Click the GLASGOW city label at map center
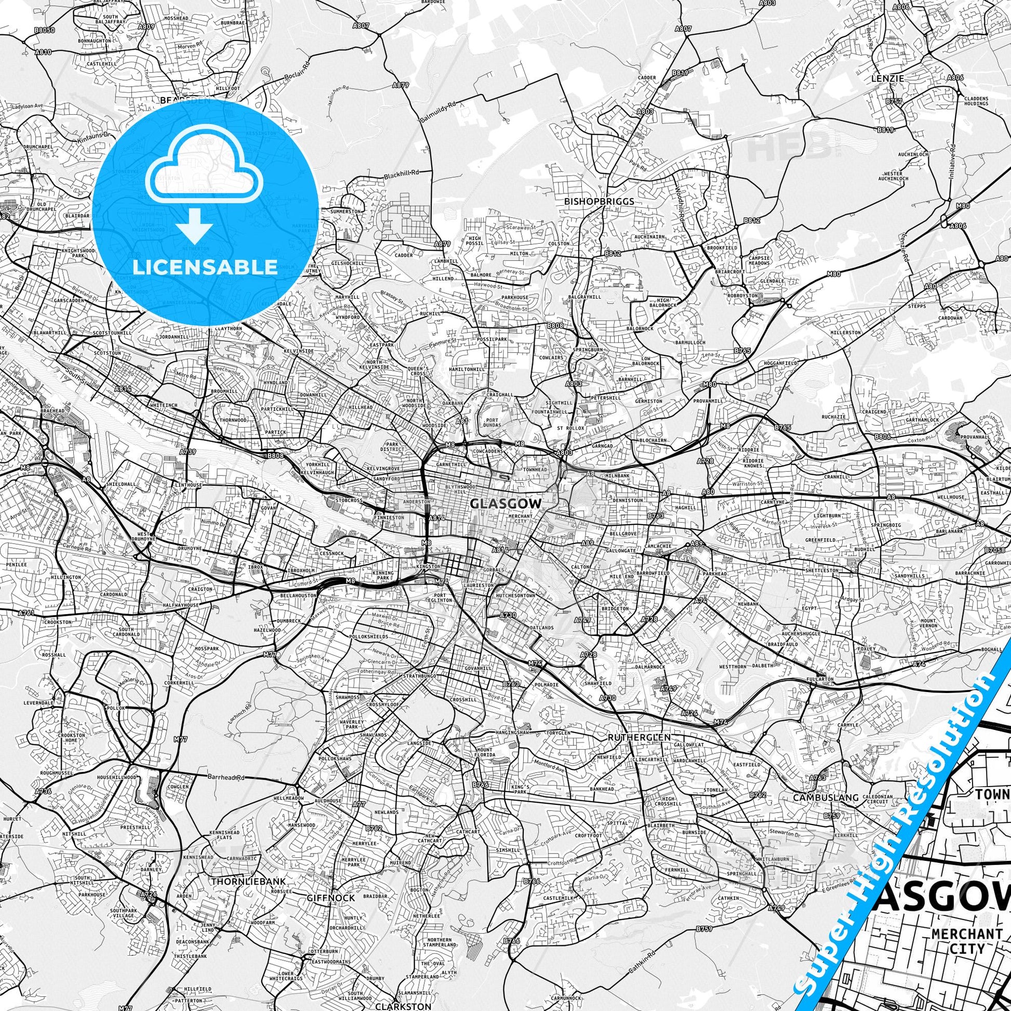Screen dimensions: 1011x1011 click(505, 503)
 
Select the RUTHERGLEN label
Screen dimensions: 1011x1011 click(639, 737)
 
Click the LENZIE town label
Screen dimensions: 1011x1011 click(887, 78)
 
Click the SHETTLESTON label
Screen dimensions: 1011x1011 click(822, 570)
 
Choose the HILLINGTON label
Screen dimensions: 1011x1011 click(66, 577)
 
